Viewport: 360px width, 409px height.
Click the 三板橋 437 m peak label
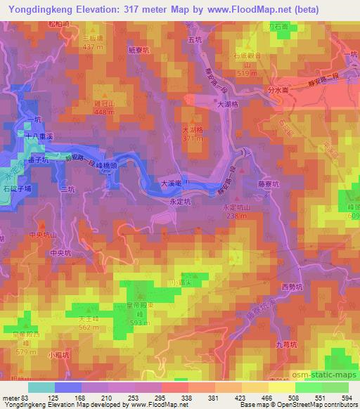point(92,41)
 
